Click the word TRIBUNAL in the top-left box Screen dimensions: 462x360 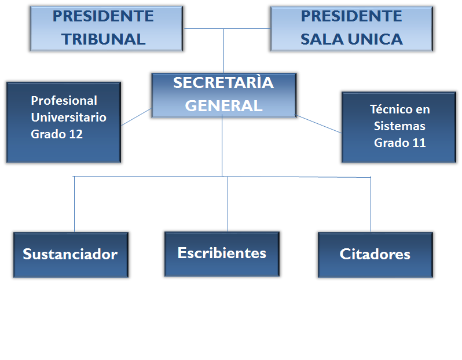[104, 39]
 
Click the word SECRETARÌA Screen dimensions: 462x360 [223, 82]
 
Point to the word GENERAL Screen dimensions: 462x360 [223, 105]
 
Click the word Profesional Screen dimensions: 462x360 [64, 101]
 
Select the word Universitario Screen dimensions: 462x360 [69, 117]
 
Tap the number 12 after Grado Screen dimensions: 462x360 [76, 134]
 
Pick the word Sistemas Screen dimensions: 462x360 [399, 126]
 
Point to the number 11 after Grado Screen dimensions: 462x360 [419, 143]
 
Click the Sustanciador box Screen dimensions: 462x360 [71, 255]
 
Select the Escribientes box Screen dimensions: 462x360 [222, 254]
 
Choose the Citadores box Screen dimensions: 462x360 [375, 255]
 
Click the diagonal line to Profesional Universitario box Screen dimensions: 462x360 [136, 117]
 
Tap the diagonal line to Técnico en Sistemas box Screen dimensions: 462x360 [318, 124]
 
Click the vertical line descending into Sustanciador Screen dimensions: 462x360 [74, 204]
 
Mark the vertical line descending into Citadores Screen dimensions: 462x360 [371, 204]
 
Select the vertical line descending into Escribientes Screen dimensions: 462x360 [228, 204]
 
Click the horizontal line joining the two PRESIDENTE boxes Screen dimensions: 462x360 [227, 28]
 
